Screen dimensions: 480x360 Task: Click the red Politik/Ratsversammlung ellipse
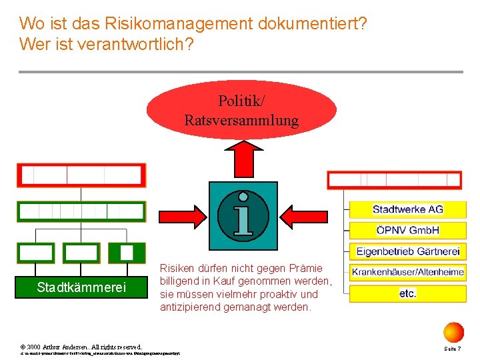[241, 110]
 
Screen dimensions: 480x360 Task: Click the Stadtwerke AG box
[407, 209]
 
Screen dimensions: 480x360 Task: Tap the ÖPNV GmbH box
[407, 231]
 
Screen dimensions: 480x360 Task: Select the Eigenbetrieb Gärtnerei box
[407, 251]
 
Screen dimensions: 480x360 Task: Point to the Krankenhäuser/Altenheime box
[407, 272]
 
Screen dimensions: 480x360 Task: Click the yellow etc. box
[407, 293]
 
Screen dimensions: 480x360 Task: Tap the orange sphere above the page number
[453, 331]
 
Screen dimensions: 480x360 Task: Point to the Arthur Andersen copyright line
[81, 347]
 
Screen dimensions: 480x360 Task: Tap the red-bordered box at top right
[403, 180]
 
